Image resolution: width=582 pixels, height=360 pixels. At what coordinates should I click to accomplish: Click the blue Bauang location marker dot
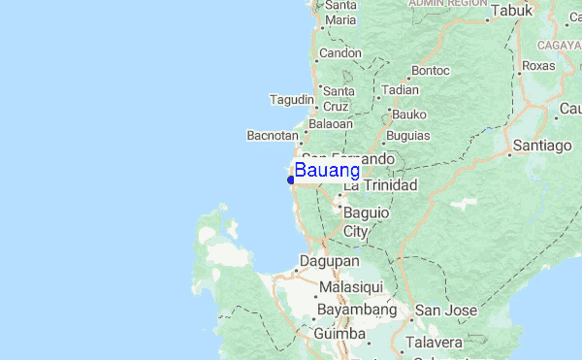tap(291, 180)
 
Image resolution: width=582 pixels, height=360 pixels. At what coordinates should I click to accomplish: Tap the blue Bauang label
tap(327, 171)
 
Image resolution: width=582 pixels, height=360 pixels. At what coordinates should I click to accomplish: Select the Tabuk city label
tap(513, 12)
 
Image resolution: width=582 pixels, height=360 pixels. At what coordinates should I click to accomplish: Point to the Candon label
tap(339, 52)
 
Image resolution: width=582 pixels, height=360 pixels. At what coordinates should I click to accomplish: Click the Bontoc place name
tap(431, 71)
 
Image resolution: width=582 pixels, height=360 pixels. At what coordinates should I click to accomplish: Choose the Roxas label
tap(540, 67)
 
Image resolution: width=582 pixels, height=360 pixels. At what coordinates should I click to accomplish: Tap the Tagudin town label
tap(292, 100)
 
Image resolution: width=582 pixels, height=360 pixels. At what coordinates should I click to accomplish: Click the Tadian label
tap(401, 89)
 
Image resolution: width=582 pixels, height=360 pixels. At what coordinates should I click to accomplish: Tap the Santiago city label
tap(542, 146)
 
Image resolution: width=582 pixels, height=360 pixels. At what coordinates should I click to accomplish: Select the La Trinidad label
tap(380, 185)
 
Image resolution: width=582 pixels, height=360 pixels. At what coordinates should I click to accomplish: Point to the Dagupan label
tap(330, 262)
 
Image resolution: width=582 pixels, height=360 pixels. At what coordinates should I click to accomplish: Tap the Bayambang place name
tap(356, 311)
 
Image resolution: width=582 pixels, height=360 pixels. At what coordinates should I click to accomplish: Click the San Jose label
tap(445, 311)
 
